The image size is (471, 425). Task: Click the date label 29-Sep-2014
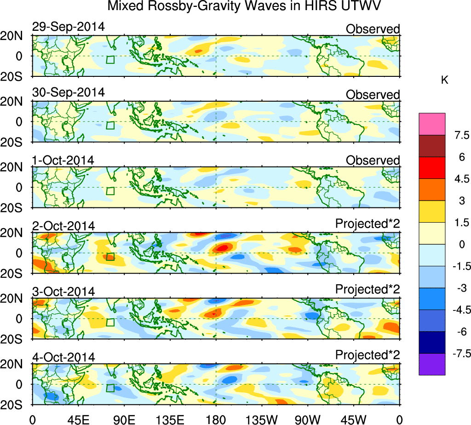click(68, 27)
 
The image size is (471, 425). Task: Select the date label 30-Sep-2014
click(68, 92)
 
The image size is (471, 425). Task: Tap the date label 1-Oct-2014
click(63, 160)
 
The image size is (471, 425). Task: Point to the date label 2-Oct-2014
click(63, 226)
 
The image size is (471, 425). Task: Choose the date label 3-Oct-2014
click(63, 292)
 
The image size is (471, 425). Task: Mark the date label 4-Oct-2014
click(63, 357)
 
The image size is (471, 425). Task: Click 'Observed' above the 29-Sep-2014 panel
click(373, 29)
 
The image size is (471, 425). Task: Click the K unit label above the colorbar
click(445, 80)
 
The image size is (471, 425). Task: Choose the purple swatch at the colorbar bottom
click(432, 364)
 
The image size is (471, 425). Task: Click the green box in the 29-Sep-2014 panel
click(110, 60)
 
